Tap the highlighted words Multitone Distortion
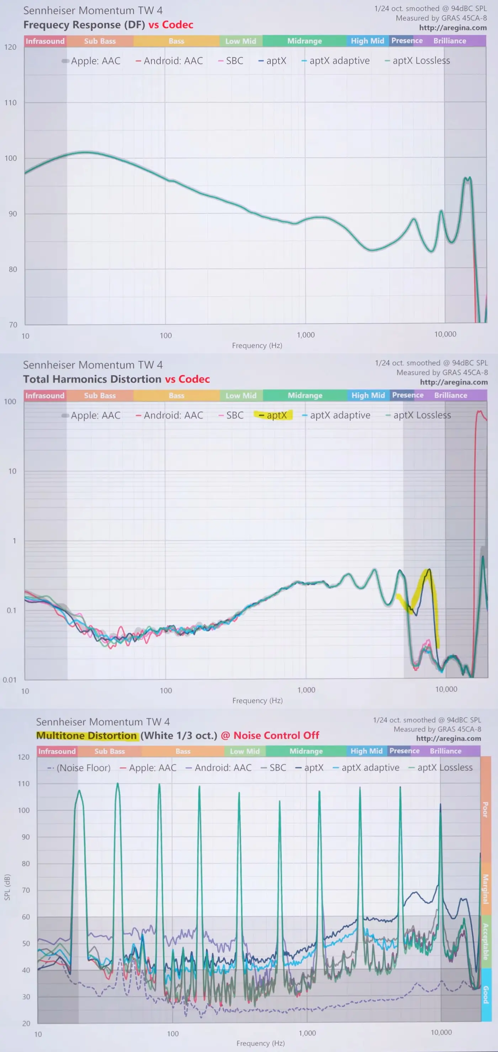click(x=87, y=735)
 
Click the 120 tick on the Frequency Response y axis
click(x=11, y=47)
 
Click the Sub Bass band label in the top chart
click(x=100, y=41)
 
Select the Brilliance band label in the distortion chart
click(x=451, y=395)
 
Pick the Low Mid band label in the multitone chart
click(x=244, y=751)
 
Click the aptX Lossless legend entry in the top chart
click(x=421, y=61)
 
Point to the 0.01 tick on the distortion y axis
click(x=10, y=680)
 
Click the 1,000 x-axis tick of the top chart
click(x=306, y=335)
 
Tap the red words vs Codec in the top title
click(x=171, y=25)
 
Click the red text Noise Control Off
click(x=276, y=735)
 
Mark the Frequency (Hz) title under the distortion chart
click(x=258, y=701)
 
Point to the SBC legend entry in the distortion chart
click(x=235, y=415)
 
